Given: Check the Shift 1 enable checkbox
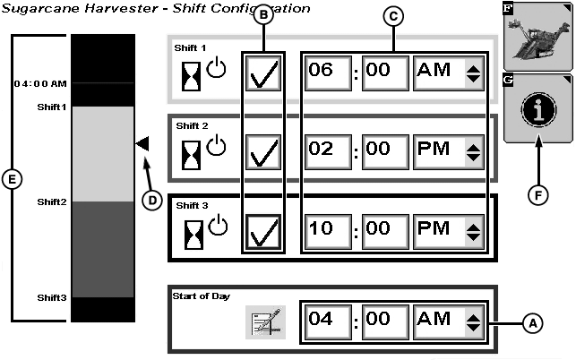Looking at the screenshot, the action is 263,73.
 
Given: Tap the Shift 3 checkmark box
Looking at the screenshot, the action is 263,232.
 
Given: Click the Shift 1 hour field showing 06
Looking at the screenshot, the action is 328,73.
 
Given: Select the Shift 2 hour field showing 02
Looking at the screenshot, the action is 328,152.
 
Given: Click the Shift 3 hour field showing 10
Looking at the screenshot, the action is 328,232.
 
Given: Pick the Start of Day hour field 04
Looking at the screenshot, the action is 328,322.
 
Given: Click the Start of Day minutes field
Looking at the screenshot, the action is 385,322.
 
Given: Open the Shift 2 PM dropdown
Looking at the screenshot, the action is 449,152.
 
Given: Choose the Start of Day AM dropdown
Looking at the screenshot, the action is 449,322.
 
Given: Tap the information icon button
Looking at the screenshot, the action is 538,110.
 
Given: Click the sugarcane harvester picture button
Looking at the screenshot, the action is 538,37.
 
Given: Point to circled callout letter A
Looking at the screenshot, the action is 533,323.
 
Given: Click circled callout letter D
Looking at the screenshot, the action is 152,201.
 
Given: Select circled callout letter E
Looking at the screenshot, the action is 12,180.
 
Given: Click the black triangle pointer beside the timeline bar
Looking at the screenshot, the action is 142,143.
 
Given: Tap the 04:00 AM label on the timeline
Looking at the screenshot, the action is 40,84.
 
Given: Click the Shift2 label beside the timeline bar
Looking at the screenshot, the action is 52,202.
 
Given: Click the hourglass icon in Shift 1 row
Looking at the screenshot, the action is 192,76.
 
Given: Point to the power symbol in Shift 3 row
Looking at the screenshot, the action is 218,225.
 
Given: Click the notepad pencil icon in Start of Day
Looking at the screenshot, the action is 265,322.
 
